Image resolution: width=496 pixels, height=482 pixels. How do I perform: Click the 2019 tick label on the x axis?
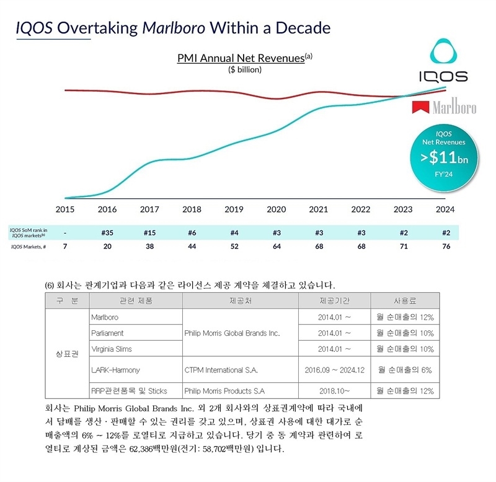(234, 209)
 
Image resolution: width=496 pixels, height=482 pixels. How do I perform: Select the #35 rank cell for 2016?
(107, 232)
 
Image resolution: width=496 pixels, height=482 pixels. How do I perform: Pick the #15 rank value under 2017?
(149, 232)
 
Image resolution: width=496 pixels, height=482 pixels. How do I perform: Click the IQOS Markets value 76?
(446, 247)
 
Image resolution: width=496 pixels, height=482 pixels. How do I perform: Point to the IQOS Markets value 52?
(234, 247)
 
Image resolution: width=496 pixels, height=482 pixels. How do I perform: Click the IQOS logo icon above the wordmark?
(442, 52)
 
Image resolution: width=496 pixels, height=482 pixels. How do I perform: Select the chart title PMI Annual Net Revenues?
(241, 59)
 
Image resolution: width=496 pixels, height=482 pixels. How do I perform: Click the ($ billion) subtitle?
(245, 69)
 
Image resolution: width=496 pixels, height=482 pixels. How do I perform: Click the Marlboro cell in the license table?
(104, 317)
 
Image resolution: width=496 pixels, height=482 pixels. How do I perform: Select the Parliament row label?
(107, 333)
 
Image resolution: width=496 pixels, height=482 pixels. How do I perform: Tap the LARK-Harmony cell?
(115, 370)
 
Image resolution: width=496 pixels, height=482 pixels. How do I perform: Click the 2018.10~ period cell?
(338, 391)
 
